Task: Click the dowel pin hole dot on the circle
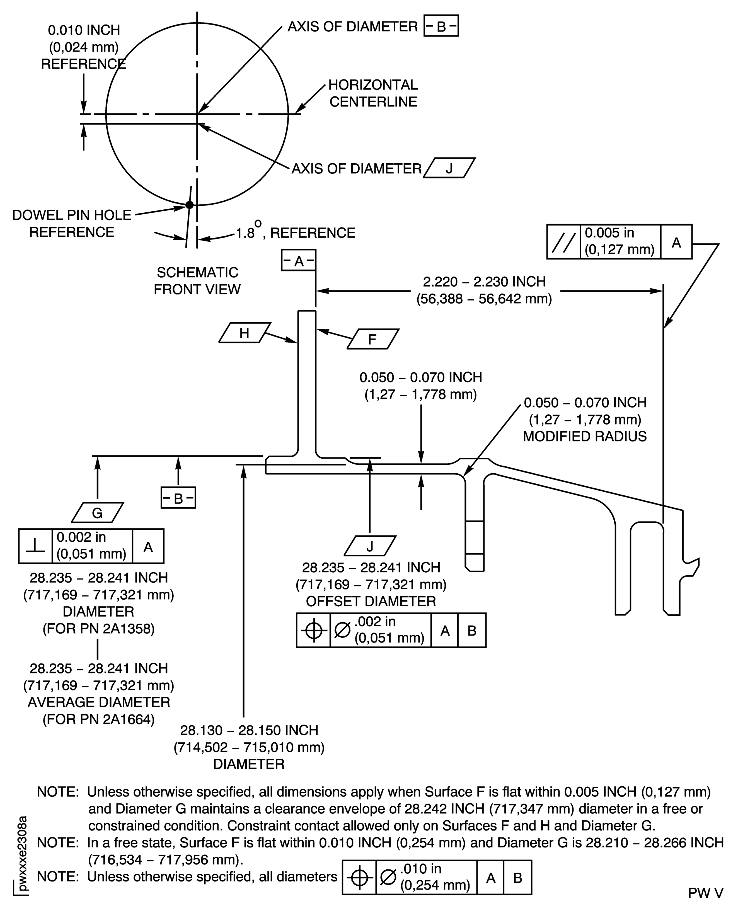click(190, 205)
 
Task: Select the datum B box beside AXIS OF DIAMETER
click(441, 26)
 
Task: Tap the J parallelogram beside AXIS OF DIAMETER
click(449, 168)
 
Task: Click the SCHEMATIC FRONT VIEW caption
click(197, 280)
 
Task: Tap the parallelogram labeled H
click(245, 333)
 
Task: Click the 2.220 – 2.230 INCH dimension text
click(484, 282)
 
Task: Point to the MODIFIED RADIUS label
click(585, 436)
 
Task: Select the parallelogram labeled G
click(97, 513)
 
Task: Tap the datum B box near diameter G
click(178, 498)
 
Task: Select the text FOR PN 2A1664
click(99, 719)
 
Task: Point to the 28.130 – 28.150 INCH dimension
click(249, 730)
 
